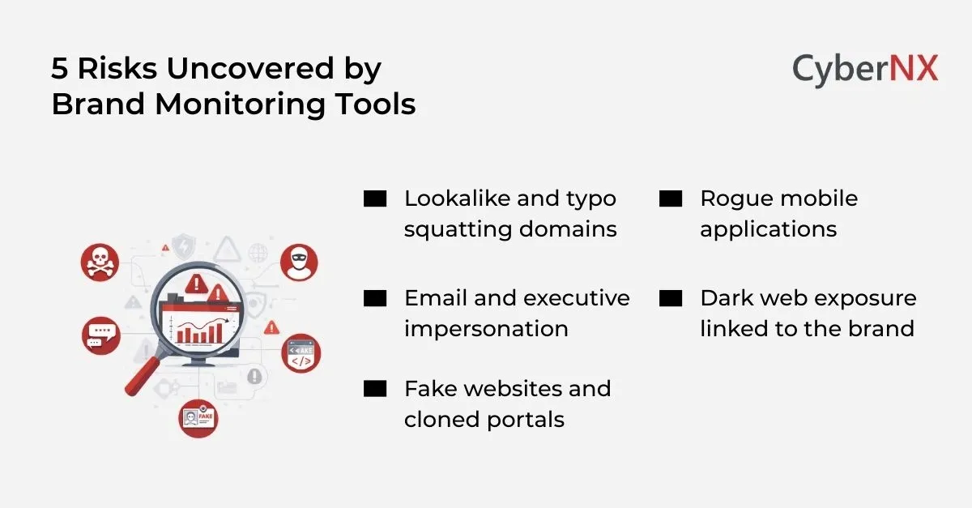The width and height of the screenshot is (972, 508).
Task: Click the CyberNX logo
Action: [x=864, y=70]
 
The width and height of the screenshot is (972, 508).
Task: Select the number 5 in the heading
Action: [x=59, y=70]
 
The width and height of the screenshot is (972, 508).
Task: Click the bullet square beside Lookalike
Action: [x=375, y=199]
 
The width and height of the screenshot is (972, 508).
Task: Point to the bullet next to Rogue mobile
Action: [x=671, y=199]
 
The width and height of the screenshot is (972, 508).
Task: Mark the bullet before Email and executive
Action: [x=375, y=298]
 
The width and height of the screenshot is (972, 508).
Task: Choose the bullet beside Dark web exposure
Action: [x=671, y=298]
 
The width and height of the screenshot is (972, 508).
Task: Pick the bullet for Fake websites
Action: [x=375, y=389]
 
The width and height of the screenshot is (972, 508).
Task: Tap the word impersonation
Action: [x=486, y=329]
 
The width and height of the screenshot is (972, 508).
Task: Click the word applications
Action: [x=768, y=230]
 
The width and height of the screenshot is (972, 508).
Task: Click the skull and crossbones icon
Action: [x=100, y=261]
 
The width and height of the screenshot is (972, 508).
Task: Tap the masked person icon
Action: [x=299, y=261]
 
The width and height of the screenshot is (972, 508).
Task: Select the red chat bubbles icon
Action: [x=101, y=334]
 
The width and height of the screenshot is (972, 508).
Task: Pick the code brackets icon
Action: [x=301, y=354]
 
